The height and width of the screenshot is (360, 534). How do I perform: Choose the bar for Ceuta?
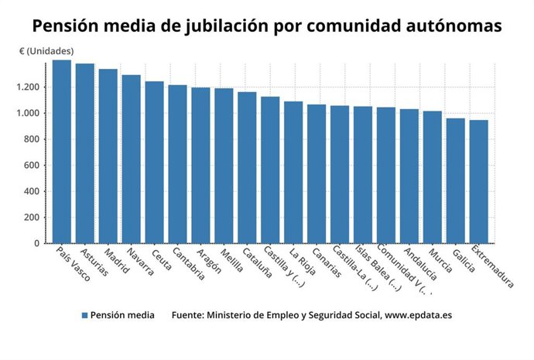click(x=155, y=163)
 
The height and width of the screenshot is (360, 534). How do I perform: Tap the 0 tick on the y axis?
click(x=37, y=243)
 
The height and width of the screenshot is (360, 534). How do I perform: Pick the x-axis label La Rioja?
click(x=303, y=262)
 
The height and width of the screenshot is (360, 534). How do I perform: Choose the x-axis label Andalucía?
click(x=419, y=265)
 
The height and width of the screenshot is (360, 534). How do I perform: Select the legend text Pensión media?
click(x=122, y=315)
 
